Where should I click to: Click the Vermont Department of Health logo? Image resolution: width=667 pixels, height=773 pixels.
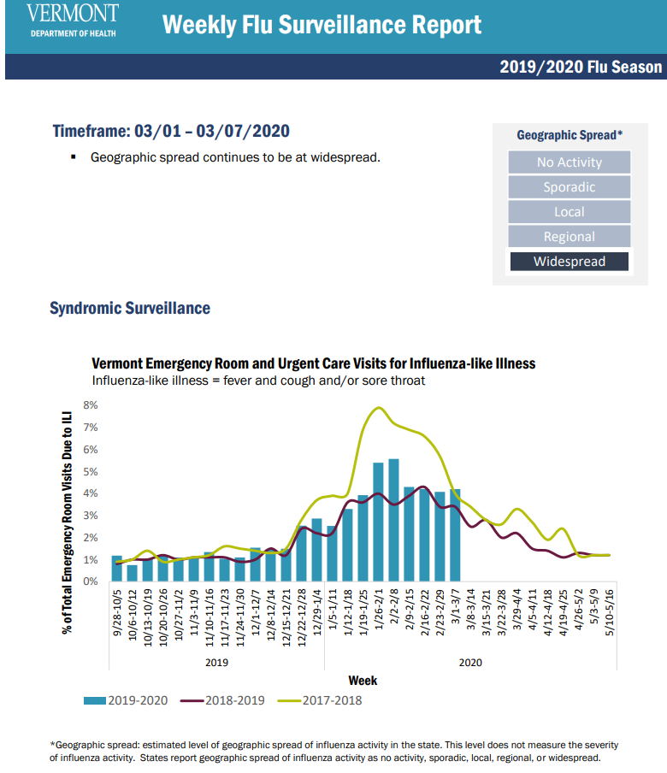click(x=73, y=21)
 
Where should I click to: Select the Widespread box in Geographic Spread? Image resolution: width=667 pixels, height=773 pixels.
click(x=569, y=262)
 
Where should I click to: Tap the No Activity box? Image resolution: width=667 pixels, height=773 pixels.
click(x=569, y=162)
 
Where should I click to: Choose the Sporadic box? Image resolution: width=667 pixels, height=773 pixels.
click(x=569, y=187)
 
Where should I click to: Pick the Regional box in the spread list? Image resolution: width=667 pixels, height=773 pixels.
click(x=569, y=237)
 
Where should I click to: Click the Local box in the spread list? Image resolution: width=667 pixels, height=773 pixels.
click(x=569, y=212)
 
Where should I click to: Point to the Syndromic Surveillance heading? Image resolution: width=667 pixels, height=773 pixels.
click(x=130, y=308)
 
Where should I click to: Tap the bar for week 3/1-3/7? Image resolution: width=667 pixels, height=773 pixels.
click(x=455, y=536)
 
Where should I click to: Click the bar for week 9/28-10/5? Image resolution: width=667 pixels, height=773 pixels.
click(x=116, y=569)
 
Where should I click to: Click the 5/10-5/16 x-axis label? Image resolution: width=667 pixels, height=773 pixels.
click(x=610, y=610)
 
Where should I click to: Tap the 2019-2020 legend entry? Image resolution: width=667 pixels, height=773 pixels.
click(x=127, y=700)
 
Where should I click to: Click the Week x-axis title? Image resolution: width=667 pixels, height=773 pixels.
click(x=363, y=681)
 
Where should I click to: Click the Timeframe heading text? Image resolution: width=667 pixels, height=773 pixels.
click(x=171, y=132)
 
